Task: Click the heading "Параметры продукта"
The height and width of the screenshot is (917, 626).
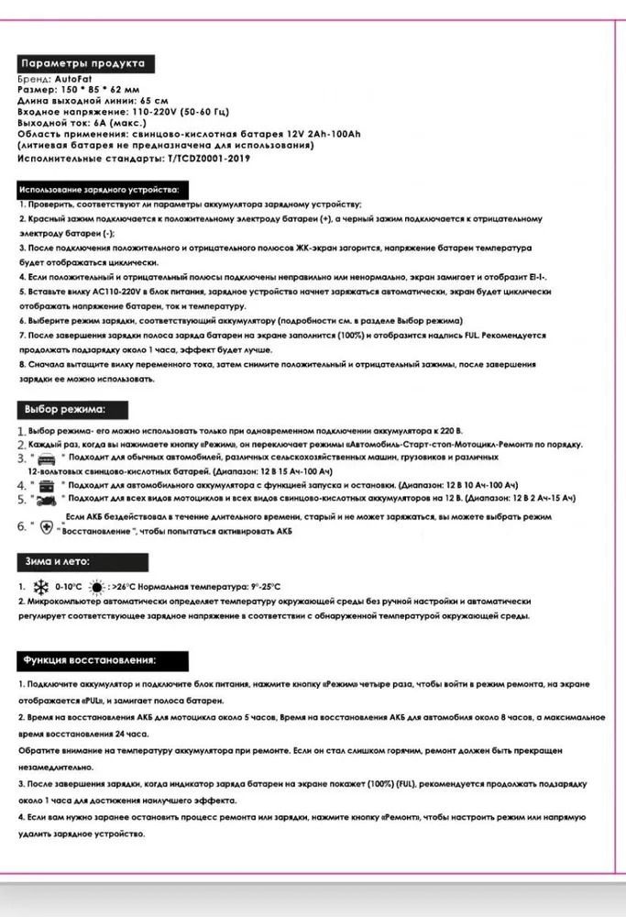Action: pyautogui.click(x=82, y=64)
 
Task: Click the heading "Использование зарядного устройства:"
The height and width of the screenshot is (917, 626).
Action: pyautogui.click(x=99, y=189)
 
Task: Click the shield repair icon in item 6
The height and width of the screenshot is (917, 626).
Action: pyautogui.click(x=47, y=528)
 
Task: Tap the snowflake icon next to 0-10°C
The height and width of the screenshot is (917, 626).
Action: pyautogui.click(x=41, y=586)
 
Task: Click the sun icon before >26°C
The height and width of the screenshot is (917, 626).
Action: pyautogui.click(x=97, y=586)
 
